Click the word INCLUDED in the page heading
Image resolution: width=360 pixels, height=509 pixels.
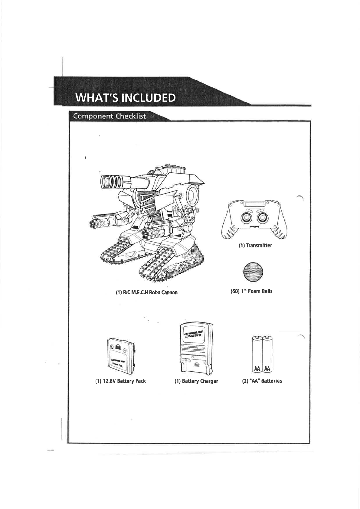148,98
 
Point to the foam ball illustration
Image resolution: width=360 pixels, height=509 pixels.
253,271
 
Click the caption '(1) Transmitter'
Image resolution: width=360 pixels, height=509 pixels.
255,246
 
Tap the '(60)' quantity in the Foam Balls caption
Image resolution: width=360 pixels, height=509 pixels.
235,291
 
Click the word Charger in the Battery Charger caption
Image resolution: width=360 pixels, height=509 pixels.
209,381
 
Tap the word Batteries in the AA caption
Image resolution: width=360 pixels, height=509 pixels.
271,381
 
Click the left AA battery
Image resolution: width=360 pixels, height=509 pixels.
257,354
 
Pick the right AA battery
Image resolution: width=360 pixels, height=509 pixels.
267,354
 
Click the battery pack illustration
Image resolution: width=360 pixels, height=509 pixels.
122,357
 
